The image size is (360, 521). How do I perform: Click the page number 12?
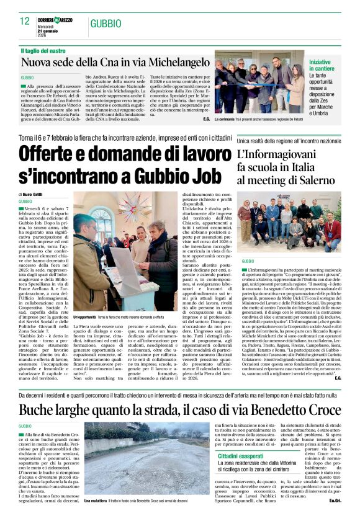pyautogui.click(x=25, y=21)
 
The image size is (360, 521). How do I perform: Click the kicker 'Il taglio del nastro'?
pyautogui.click(x=43, y=50)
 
